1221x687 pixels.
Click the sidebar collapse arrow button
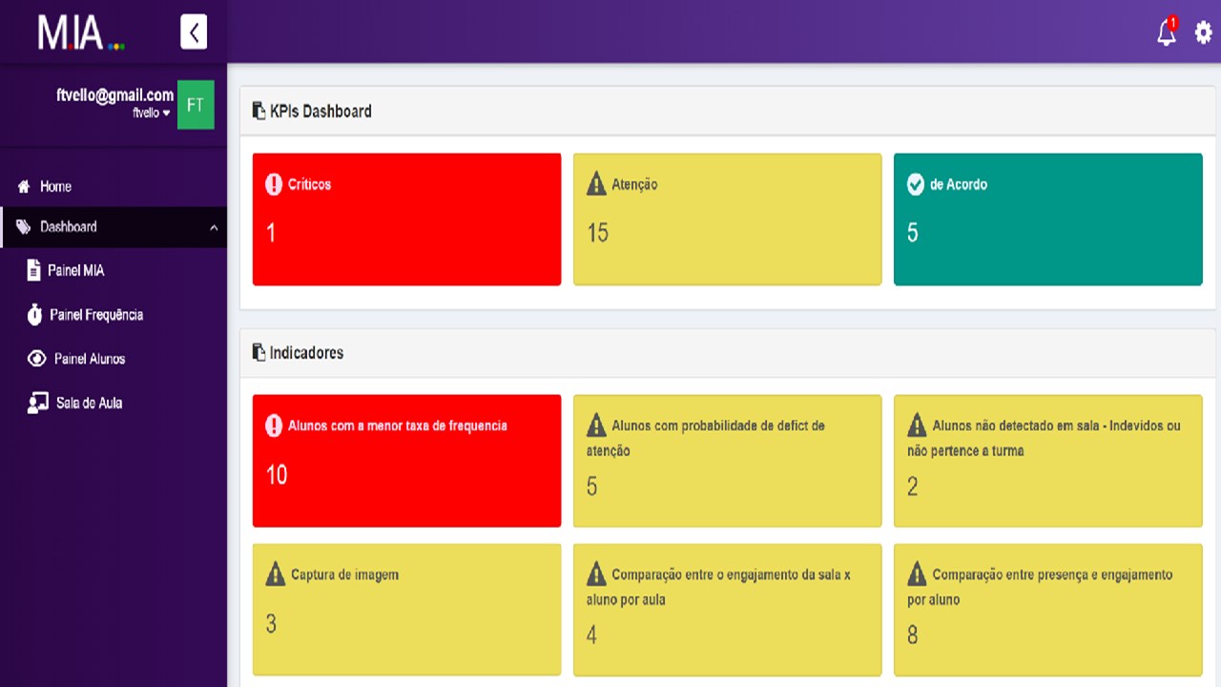[194, 32]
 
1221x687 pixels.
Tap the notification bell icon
[1167, 32]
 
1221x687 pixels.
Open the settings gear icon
[1203, 32]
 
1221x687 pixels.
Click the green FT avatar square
[196, 105]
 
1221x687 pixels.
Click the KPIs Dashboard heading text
[321, 112]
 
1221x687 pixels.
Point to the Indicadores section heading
[306, 353]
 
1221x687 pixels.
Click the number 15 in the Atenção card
[597, 233]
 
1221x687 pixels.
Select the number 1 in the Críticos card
[271, 233]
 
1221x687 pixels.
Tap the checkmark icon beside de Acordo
[916, 184]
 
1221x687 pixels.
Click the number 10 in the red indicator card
[277, 474]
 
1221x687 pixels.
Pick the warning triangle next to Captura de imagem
[276, 573]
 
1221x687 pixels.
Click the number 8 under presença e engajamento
[913, 635]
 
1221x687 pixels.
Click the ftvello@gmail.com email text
[115, 94]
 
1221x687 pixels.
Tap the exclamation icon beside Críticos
[274, 184]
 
